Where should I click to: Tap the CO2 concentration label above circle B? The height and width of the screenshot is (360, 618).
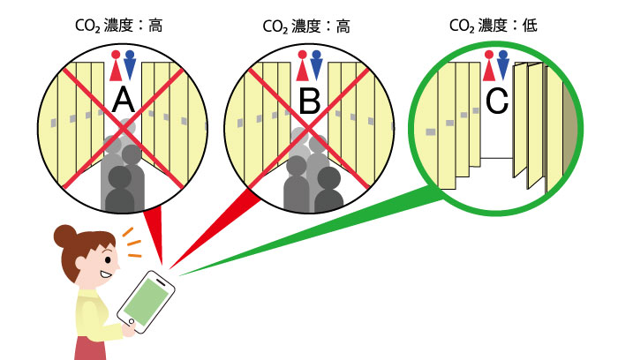(306, 26)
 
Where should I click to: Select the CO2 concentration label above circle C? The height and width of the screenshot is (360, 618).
(494, 26)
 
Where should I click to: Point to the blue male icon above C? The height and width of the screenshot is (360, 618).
(504, 64)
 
